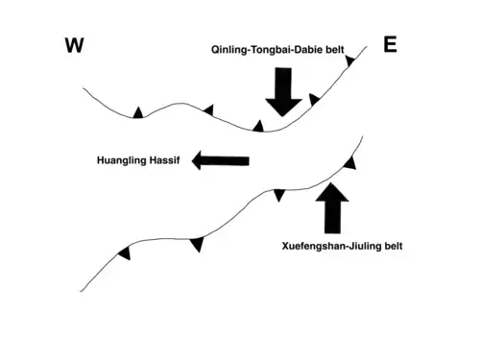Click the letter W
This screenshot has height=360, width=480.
75,45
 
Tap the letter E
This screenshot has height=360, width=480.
390,44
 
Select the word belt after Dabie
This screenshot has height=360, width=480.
335,50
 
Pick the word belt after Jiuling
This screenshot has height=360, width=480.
394,246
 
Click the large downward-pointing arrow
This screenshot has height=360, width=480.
283,92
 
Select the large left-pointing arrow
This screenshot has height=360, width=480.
221,160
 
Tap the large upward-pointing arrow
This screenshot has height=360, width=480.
332,208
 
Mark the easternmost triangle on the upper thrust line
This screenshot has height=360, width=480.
349,60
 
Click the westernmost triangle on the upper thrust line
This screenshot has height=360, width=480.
138,113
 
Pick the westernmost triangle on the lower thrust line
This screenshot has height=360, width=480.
125,253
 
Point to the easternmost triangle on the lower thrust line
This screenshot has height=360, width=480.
350,163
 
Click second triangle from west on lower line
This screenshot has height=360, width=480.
198,244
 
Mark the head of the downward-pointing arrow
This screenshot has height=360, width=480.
283,108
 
